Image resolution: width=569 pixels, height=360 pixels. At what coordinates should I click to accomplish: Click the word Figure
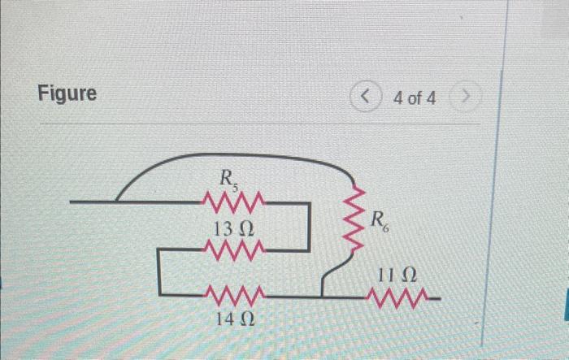[67, 93]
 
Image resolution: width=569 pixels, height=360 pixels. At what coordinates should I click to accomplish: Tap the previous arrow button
[367, 98]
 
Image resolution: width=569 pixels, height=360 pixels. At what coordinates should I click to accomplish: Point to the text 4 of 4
[413, 98]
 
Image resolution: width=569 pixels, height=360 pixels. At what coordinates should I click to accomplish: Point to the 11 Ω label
[398, 276]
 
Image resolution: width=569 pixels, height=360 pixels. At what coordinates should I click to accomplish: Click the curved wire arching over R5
[236, 157]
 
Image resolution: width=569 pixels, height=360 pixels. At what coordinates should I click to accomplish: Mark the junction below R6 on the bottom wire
[324, 296]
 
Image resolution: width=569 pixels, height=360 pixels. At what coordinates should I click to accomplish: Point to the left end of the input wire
[73, 200]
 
